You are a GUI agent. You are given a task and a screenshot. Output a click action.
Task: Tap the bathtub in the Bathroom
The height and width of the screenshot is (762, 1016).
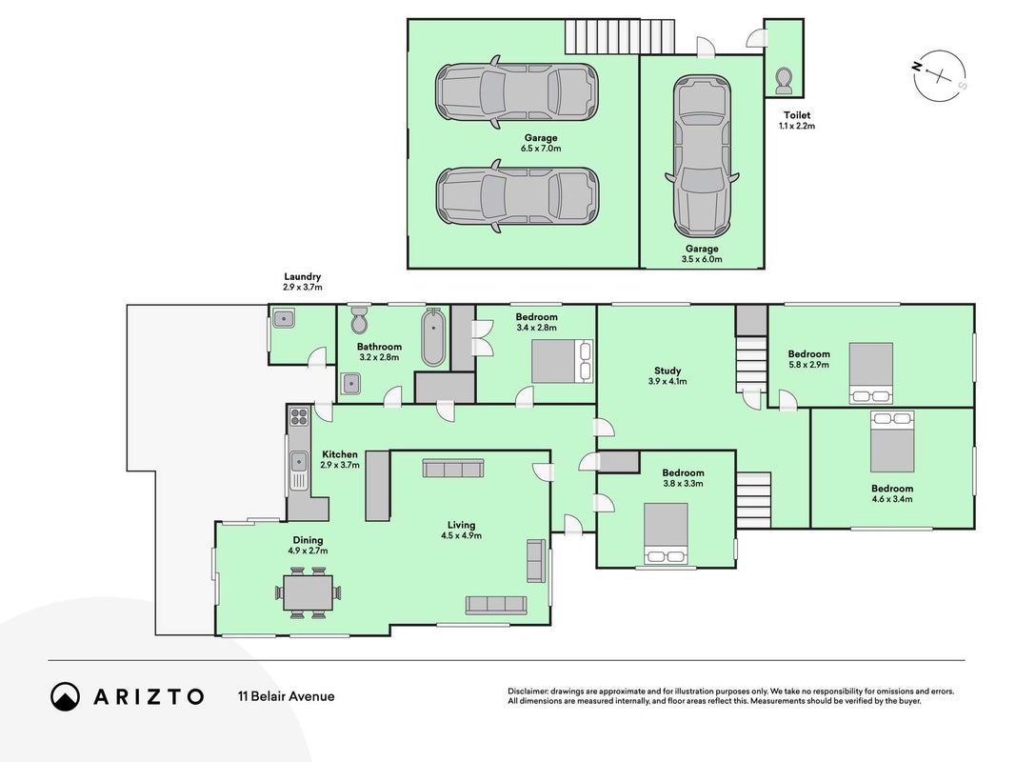point(433,338)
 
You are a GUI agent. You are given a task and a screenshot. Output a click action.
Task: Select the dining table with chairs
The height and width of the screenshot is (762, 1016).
point(309,592)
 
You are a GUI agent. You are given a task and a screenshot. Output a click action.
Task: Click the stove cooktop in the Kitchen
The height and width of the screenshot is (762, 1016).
point(299,415)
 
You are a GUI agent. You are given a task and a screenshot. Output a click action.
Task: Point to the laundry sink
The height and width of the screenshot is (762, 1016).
point(283,319)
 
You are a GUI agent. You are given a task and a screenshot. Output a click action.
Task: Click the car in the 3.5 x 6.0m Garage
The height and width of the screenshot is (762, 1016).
point(703,156)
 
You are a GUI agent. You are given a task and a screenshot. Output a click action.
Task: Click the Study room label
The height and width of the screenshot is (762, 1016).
point(667,371)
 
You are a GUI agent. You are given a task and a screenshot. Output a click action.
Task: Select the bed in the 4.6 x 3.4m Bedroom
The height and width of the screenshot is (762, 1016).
point(892,441)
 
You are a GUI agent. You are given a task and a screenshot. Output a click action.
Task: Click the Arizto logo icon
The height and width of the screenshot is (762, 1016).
point(65,696)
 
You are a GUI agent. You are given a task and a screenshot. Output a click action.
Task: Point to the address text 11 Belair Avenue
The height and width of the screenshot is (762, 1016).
point(287,696)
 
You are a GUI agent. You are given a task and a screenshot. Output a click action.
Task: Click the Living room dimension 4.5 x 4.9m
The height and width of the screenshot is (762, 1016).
point(462,536)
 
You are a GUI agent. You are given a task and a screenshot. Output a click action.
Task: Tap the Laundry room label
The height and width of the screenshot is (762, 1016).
point(303,276)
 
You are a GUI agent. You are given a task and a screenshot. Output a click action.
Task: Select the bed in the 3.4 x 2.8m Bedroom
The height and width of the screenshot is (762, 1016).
point(562,361)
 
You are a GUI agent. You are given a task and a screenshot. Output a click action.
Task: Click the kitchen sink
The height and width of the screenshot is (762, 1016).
point(299,462)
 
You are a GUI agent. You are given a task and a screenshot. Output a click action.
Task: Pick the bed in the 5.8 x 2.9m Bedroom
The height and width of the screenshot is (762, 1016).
point(871,373)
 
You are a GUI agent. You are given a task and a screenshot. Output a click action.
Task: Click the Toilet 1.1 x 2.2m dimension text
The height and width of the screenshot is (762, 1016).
point(797,126)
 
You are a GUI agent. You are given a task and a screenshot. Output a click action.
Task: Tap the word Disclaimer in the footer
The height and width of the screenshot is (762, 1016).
point(528,692)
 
